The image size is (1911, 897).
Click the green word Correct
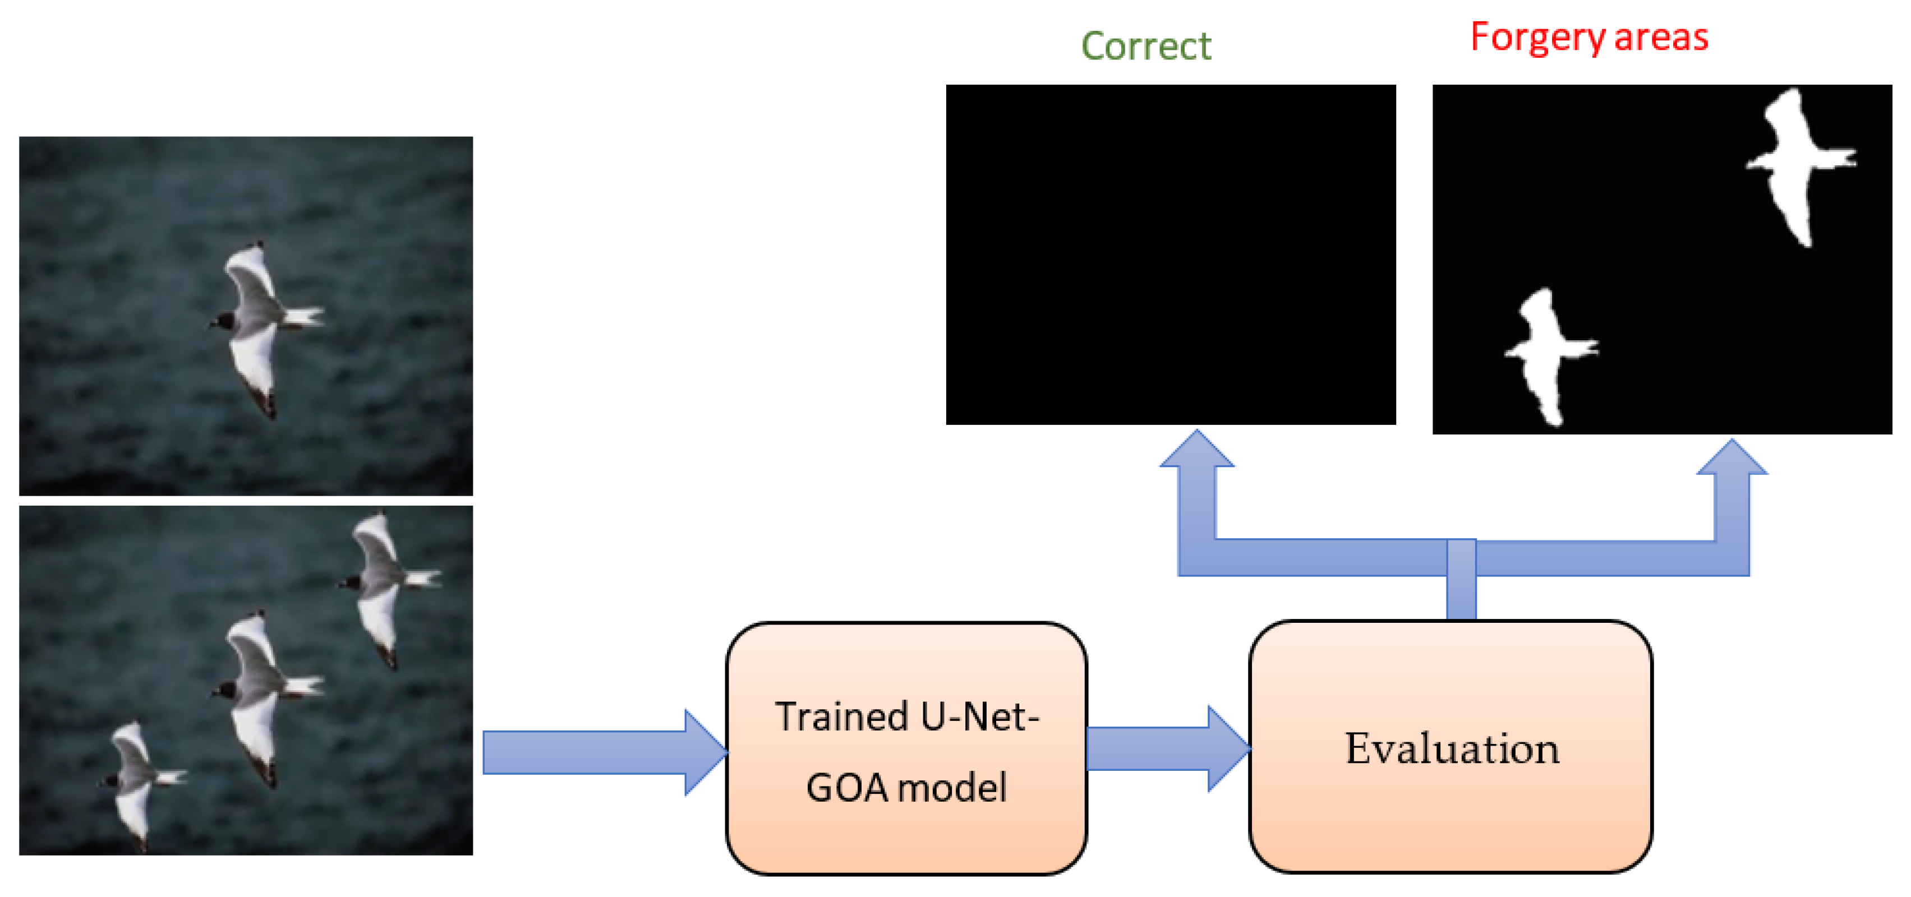pos(1145,46)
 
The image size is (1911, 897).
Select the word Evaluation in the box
pos(1452,749)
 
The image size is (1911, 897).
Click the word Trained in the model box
pos(842,717)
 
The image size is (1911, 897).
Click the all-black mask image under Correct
pos(1170,255)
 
